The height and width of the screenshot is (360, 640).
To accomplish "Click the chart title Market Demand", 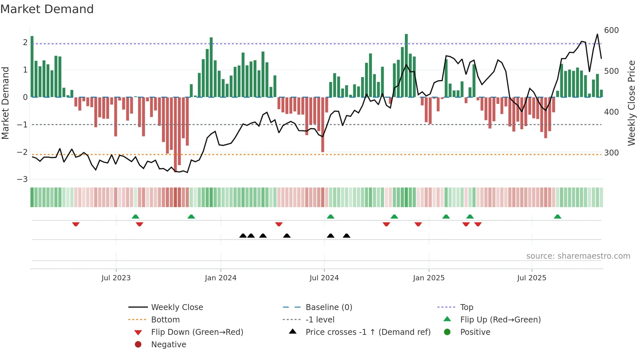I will (47, 9).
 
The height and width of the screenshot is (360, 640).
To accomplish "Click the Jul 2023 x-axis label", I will (116, 278).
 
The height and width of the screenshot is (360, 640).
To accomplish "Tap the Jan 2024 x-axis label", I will (220, 278).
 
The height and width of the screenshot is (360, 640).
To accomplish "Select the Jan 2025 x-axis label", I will (428, 278).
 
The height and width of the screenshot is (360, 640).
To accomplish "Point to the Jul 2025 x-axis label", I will (532, 278).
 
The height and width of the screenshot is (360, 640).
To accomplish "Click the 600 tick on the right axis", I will (611, 30).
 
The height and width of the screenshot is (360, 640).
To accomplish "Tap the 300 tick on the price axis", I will (611, 153).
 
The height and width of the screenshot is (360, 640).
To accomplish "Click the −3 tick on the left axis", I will (22, 179).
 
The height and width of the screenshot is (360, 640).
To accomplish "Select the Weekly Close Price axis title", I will (632, 103).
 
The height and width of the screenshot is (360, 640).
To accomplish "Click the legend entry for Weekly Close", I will (177, 307).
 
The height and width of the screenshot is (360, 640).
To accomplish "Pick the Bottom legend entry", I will (165, 320).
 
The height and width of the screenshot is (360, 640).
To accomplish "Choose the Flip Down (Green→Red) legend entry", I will (197, 332).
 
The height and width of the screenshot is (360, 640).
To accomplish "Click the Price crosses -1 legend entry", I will (368, 332).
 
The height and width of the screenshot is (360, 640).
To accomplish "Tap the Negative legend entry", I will (168, 345).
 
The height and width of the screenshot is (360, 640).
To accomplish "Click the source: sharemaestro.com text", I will (578, 256).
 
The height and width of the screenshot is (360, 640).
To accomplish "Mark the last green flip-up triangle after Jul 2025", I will (557, 217).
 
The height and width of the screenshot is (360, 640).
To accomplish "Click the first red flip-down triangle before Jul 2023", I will (76, 224).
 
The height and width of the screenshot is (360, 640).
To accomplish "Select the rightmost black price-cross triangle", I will (346, 236).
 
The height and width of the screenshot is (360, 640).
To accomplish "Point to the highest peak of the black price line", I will (597, 34).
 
